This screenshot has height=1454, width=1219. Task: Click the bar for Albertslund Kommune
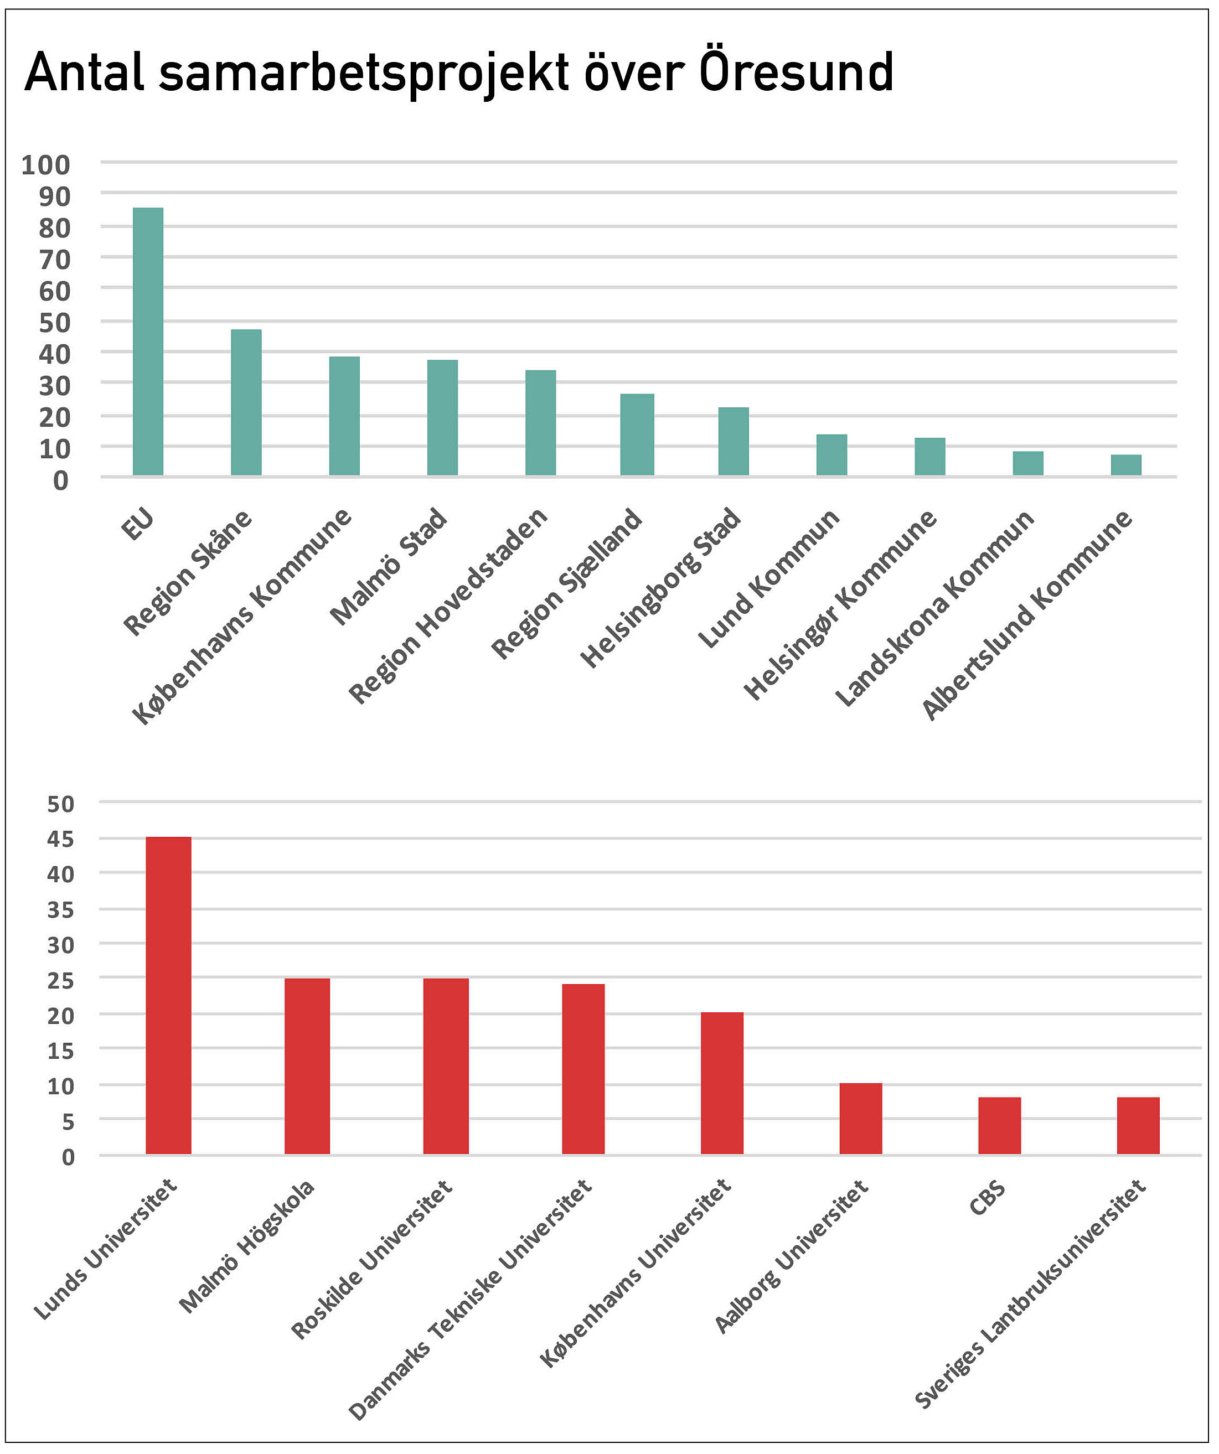(x=1126, y=465)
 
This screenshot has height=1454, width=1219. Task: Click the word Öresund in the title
(x=797, y=72)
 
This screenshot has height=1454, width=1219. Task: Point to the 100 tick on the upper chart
(x=46, y=165)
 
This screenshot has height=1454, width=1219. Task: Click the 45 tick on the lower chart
(x=60, y=840)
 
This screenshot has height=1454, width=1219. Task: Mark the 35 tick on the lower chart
(x=60, y=910)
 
